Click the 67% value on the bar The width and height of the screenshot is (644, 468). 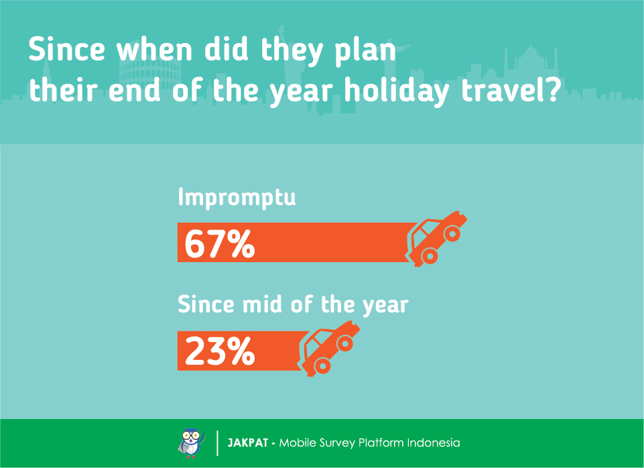[x=220, y=243]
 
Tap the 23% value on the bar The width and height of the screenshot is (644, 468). [x=220, y=351]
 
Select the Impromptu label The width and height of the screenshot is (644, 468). [x=237, y=198]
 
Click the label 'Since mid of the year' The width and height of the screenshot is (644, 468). [x=293, y=305]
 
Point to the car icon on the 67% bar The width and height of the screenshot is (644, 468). [x=436, y=238]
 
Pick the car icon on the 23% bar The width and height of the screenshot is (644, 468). [x=328, y=349]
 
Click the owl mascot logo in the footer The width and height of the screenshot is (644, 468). [x=192, y=443]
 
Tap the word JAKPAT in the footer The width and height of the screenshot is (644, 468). [x=248, y=443]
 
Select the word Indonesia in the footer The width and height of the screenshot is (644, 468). [x=434, y=443]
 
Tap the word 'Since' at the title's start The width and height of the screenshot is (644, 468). [x=66, y=49]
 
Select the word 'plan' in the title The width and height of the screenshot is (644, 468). [x=365, y=52]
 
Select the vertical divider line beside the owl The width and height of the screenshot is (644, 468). [x=217, y=443]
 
